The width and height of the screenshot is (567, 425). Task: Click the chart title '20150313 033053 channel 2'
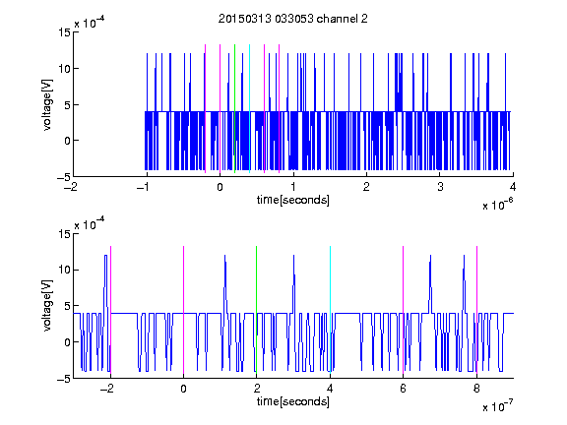point(293,19)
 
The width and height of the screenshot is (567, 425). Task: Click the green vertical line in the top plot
point(234,108)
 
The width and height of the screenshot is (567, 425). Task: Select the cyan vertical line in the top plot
point(249,108)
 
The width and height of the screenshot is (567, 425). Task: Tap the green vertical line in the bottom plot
point(256,310)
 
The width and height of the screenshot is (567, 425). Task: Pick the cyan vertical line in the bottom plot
point(330,310)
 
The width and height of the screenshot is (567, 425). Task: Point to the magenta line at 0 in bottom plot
point(183,310)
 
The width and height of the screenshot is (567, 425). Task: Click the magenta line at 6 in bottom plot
point(404,310)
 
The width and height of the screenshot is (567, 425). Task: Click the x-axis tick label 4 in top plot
point(513,187)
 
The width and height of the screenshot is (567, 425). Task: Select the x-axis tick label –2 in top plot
point(73,187)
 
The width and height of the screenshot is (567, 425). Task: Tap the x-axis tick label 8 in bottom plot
point(476,389)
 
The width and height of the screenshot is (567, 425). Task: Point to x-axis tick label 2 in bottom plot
point(257,389)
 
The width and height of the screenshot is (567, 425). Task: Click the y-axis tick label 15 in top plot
point(64,32)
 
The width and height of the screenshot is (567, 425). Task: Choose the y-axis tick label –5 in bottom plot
point(64,379)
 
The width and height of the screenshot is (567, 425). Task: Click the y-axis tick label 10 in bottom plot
point(64,270)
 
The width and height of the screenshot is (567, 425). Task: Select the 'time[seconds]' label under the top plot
point(293,200)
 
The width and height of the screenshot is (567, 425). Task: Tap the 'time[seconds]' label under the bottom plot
point(293,401)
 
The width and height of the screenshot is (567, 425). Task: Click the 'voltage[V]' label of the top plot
point(47,105)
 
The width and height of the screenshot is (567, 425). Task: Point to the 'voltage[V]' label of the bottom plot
point(47,306)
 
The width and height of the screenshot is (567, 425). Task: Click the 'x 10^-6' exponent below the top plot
point(497,205)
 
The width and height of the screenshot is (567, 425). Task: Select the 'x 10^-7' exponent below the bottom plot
point(497,406)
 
